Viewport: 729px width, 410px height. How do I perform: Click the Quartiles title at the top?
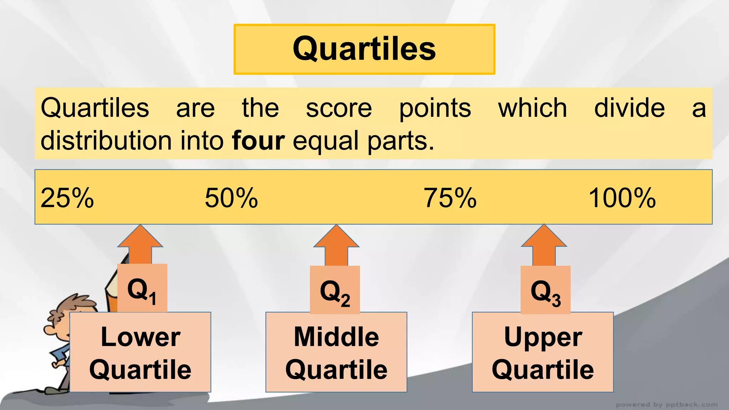click(364, 49)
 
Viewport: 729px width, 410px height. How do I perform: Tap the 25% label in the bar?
click(67, 198)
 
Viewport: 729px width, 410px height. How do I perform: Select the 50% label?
click(231, 198)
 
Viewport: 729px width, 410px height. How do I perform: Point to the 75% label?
click(450, 198)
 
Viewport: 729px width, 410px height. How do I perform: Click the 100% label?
click(622, 198)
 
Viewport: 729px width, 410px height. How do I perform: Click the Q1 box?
click(142, 289)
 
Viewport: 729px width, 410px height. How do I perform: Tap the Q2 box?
click(335, 290)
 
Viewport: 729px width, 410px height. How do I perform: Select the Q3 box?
click(545, 290)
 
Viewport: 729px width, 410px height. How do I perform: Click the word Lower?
click(140, 337)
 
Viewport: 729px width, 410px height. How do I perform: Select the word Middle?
click(336, 337)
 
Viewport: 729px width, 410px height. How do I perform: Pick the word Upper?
click(543, 337)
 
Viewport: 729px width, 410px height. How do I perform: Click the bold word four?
click(258, 141)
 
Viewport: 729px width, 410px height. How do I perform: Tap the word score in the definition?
click(339, 108)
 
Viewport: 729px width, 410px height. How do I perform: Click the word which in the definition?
click(533, 108)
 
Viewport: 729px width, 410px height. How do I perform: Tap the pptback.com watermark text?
click(666, 405)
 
